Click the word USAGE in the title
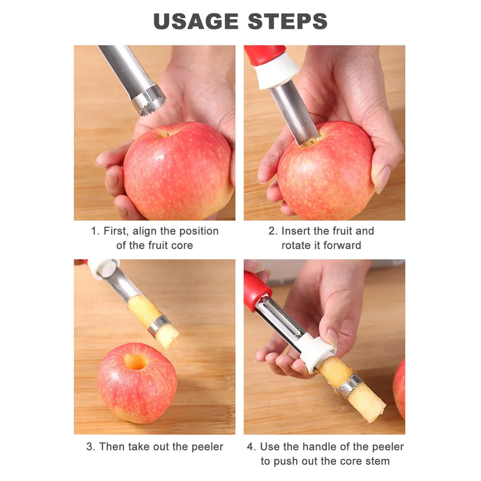tap(196, 21)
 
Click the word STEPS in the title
tap(287, 21)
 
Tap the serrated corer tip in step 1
tap(149, 100)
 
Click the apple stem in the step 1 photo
tap(164, 133)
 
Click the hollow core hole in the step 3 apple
tap(136, 362)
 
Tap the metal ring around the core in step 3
tap(159, 326)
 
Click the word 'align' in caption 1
tap(144, 231)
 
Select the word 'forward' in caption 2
tap(342, 245)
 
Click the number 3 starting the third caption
tap(89, 447)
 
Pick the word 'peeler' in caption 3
tap(207, 447)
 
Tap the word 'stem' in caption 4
tap(376, 461)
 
